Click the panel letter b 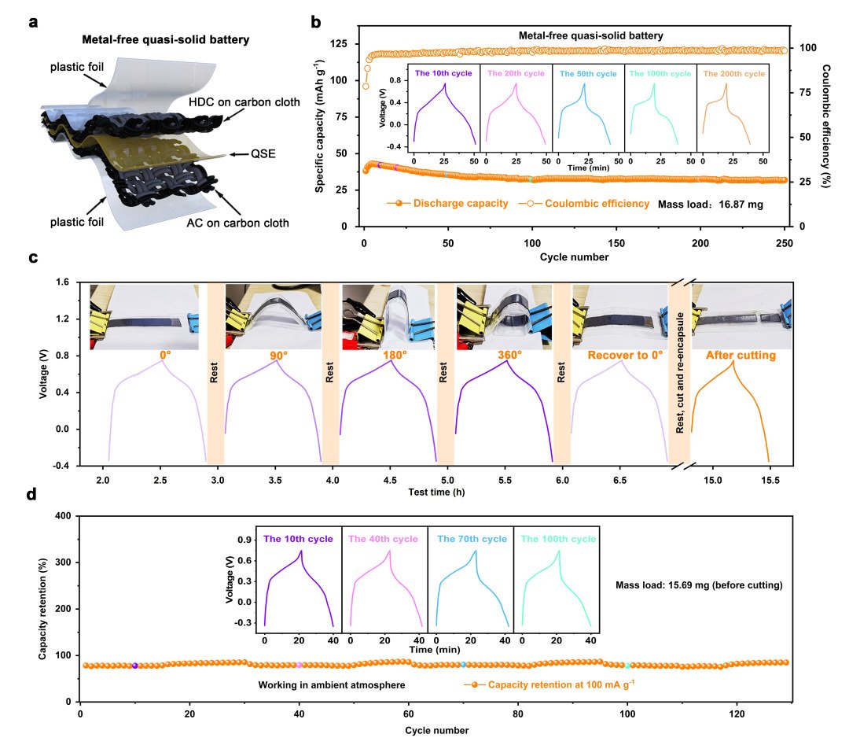coord(316,22)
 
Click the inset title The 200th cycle coord(733,73)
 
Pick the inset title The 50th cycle coord(589,73)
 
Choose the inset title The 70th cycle coord(470,539)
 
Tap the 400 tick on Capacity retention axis coord(66,516)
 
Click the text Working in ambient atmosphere coord(332,685)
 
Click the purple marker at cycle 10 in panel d coord(135,666)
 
